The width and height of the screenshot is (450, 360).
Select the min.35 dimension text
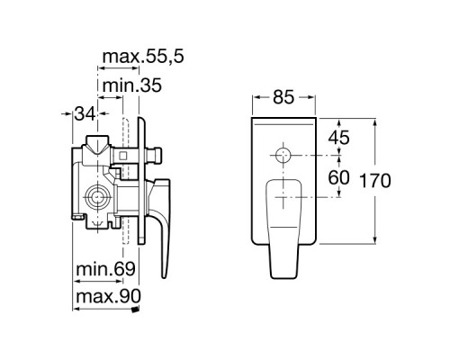pos(131,87)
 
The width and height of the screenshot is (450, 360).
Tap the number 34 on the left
pos(85,113)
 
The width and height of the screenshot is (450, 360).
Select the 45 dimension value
pos(338,139)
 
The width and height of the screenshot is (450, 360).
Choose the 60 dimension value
pos(338,177)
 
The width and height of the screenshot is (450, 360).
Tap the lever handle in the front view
pos(283,220)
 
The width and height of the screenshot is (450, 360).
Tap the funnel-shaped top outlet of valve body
pos(96,144)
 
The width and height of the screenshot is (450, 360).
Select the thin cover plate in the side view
pos(139,180)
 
